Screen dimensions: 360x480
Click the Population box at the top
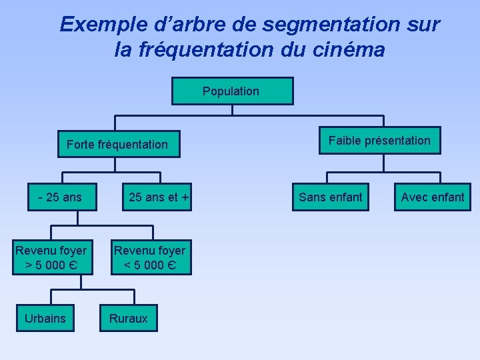pyautogui.click(x=232, y=91)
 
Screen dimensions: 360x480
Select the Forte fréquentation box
pyautogui.click(x=118, y=144)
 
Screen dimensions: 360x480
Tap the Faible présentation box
pyautogui.click(x=379, y=141)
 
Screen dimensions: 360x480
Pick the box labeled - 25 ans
pyautogui.click(x=60, y=197)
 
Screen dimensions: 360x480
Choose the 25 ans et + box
pyautogui.click(x=159, y=197)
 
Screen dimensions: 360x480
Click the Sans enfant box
pyautogui.click(x=331, y=197)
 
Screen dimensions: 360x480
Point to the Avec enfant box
pyautogui.click(x=433, y=197)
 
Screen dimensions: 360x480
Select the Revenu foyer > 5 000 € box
pyautogui.click(x=51, y=257)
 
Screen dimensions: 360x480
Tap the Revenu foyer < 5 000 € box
pyautogui.click(x=150, y=257)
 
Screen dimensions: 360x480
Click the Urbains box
pyautogui.click(x=45, y=318)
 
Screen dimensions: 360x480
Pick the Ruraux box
pyautogui.click(x=129, y=318)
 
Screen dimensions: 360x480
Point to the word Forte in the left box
pyautogui.click(x=81, y=144)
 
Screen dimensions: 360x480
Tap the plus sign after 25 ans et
pyautogui.click(x=185, y=197)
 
